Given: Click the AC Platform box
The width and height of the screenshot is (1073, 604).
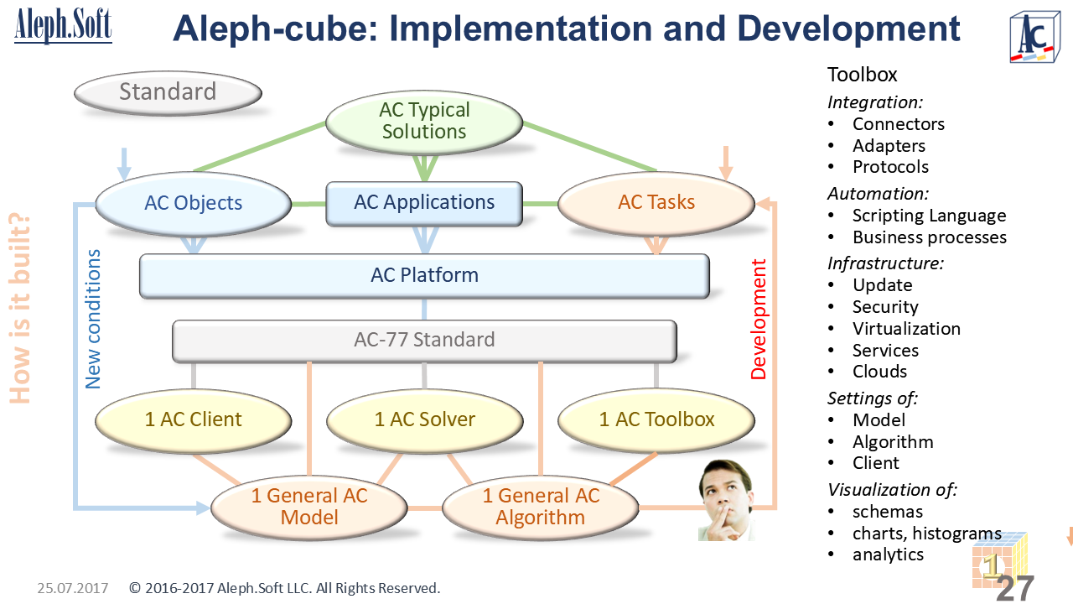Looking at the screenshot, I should point(424,275).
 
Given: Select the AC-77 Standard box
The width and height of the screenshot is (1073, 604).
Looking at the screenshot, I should point(424,340).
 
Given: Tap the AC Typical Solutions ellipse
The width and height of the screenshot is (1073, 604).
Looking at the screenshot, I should point(424,121).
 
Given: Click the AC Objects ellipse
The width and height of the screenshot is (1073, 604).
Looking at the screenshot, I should point(194,203).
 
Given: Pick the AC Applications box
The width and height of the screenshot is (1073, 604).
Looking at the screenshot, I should point(424,203).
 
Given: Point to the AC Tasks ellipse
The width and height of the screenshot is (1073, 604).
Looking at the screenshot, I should point(656,203).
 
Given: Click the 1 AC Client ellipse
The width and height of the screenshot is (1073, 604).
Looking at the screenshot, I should point(193,419).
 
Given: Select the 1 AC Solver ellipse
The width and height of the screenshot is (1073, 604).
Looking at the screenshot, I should point(424,419).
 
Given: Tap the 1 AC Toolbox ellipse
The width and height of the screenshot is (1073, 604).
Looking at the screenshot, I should point(656,419).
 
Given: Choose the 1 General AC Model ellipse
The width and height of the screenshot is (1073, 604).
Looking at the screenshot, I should point(309,507).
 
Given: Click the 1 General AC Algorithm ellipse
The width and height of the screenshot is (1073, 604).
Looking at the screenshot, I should point(541,507).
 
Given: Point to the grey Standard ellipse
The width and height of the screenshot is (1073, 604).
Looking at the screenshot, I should point(168,91).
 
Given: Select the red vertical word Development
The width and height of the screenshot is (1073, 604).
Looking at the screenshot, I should point(759,320).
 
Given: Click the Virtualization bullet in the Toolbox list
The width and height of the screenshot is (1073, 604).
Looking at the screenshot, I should point(906,329).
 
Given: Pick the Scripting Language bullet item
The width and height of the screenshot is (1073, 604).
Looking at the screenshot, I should point(929,216).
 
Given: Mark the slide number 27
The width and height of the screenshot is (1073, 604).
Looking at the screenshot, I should point(1015,588).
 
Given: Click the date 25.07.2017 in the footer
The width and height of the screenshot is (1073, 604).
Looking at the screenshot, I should point(73,588).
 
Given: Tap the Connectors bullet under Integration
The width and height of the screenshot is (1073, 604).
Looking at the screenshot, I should point(898,124).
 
